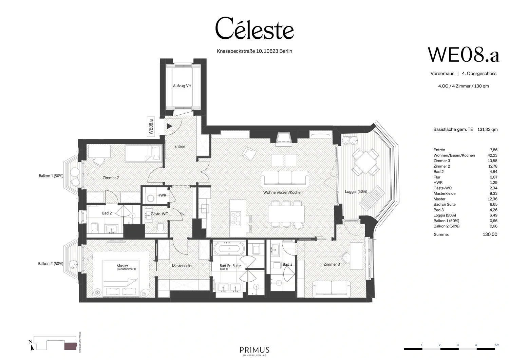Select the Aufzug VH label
pos(182,86)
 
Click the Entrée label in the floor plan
pos(180,146)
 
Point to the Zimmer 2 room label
pos(111,177)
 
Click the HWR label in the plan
pos(162,195)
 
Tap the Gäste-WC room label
pos(159,214)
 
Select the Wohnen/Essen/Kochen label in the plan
pos(283,192)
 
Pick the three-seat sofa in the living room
pos(285,179)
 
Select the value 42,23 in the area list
pos(492,155)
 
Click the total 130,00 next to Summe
pos(490,234)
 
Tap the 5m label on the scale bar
pos(497,345)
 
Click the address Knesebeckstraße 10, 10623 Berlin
pos(254,51)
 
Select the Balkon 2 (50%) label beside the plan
pos(51,264)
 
